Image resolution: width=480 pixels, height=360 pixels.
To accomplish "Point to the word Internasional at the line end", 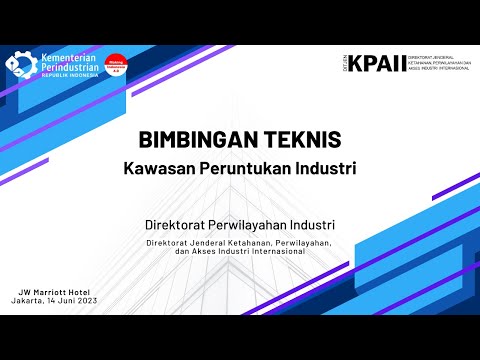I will [277, 251].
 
